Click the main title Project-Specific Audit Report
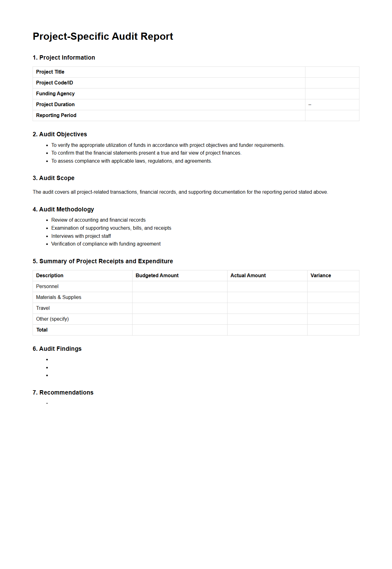tap(103, 36)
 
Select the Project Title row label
tap(50, 72)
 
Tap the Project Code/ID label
tap(54, 83)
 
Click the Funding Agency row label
tap(55, 94)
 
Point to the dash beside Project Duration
tap(310, 105)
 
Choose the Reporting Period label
tap(56, 115)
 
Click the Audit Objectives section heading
tap(60, 134)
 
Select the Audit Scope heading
tap(53, 178)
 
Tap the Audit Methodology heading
tap(63, 210)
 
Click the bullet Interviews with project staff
tap(81, 236)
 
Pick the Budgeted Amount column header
tap(157, 276)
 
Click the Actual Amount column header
tap(248, 276)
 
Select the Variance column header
tap(321, 276)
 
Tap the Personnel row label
tap(47, 287)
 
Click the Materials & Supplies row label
tap(59, 297)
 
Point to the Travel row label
tap(43, 308)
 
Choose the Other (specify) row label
tap(52, 319)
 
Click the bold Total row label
tap(42, 330)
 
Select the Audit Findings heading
tap(57, 349)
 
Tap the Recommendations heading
tap(63, 393)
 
